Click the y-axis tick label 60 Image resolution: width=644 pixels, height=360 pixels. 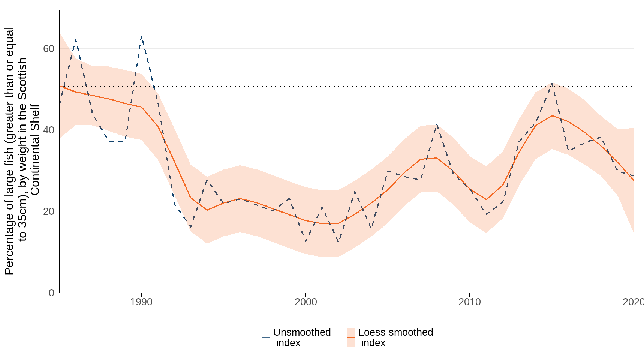coord(49,49)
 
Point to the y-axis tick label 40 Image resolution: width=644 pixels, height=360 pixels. coord(49,130)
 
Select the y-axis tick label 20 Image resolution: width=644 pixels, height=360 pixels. coord(49,211)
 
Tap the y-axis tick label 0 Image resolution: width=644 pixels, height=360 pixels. coord(52,293)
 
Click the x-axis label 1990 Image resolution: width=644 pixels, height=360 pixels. coord(141,302)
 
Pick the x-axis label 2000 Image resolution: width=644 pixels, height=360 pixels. coord(306,302)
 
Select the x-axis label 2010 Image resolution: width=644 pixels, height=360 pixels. coord(469,302)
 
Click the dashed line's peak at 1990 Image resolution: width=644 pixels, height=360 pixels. coord(141,36)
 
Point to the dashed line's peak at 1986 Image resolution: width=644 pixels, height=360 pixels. coord(76,39)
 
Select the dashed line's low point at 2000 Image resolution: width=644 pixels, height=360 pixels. coord(306,241)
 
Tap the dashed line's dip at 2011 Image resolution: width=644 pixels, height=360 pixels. coord(486,214)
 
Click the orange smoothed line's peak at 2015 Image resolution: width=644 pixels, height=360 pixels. coord(552,115)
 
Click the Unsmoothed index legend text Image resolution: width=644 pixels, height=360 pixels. coord(302,337)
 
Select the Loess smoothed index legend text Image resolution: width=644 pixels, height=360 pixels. coord(395,337)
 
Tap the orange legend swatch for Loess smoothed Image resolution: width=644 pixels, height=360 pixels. coord(351,337)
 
